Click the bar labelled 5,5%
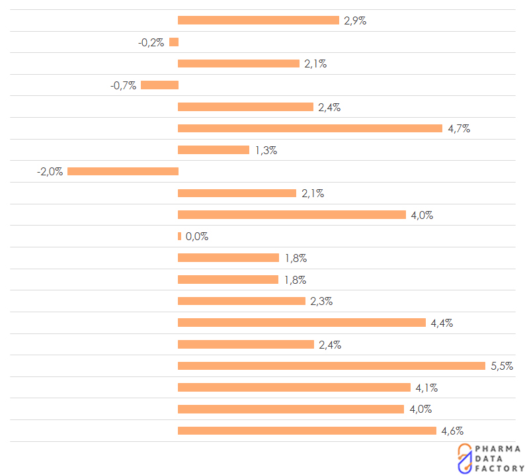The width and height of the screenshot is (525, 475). click(x=331, y=366)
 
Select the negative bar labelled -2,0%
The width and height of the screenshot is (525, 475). click(x=123, y=171)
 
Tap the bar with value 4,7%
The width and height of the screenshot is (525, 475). click(x=310, y=128)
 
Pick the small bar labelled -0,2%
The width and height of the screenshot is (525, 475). click(x=174, y=42)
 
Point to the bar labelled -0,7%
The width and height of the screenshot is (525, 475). click(x=159, y=85)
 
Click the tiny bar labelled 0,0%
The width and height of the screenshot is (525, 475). click(x=179, y=236)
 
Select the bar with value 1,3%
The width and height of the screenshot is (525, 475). click(x=214, y=150)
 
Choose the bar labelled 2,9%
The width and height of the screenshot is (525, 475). click(x=259, y=21)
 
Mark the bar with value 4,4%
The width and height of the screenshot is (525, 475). click(x=302, y=323)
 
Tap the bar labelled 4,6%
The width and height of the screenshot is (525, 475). click(x=307, y=431)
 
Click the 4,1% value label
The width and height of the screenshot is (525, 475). click(x=426, y=388)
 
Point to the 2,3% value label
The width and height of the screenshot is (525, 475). click(x=321, y=302)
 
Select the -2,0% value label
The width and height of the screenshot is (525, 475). click(x=50, y=171)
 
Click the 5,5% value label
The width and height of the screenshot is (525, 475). click(x=502, y=366)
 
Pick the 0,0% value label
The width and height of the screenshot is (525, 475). click(x=197, y=237)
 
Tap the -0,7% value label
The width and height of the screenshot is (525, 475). click(x=123, y=85)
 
